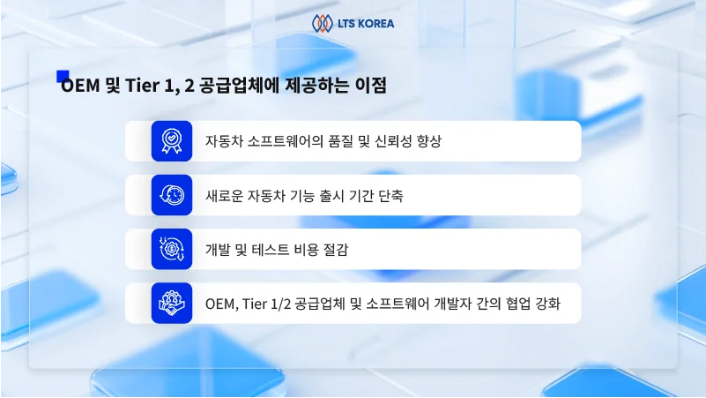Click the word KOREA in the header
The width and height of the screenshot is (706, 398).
pos(376,22)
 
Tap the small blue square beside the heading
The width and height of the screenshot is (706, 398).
pos(63,76)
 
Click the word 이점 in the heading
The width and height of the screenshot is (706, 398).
pos(370,87)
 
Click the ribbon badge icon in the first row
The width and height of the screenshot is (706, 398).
pos(171,141)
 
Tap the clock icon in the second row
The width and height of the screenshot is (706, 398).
pos(171,195)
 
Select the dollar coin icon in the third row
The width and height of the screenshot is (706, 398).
pos(171,249)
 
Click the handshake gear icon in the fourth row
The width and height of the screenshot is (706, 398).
pos(171,303)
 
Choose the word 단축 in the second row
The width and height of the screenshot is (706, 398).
pos(389,195)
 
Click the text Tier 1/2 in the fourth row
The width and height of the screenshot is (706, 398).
pos(270,303)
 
